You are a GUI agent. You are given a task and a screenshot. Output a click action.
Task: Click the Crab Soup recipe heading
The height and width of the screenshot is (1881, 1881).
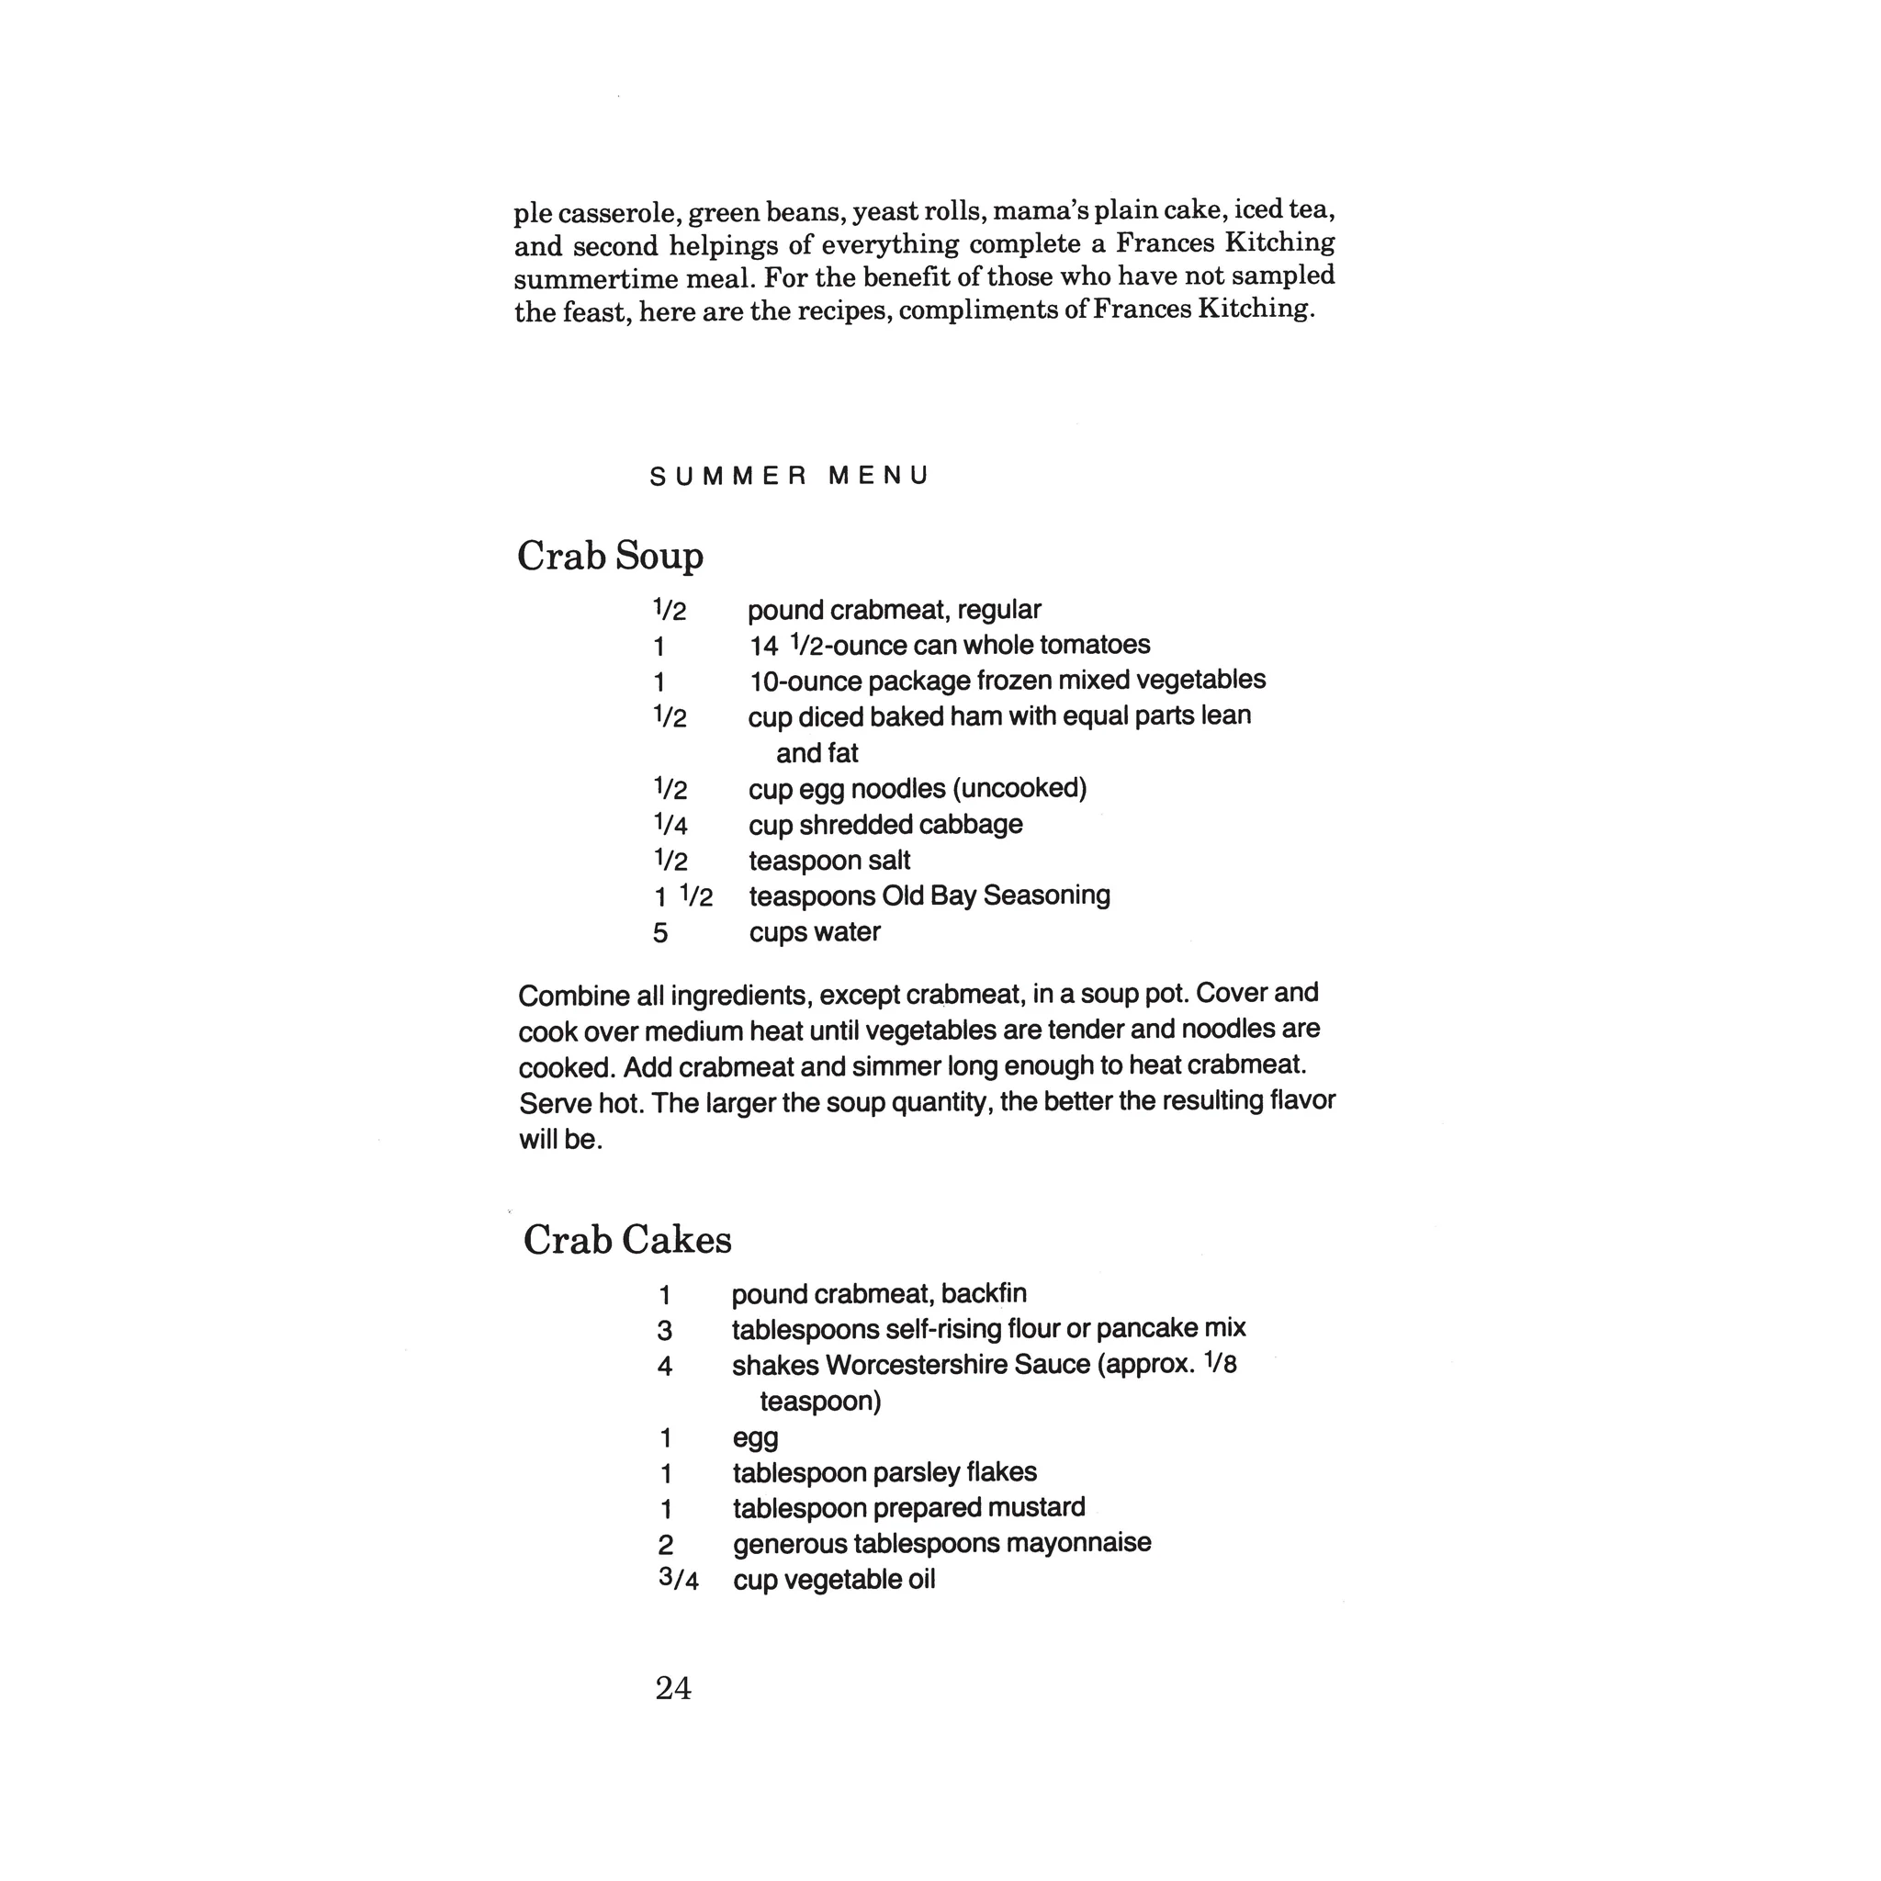610,556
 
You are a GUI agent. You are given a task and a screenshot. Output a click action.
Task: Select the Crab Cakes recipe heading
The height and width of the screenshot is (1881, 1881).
627,1239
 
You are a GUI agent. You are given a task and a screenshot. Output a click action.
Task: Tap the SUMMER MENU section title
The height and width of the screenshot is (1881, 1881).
789,476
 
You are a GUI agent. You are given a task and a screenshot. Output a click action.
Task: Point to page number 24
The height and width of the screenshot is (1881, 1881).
672,1688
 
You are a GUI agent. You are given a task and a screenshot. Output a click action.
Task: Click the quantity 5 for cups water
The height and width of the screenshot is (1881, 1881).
660,933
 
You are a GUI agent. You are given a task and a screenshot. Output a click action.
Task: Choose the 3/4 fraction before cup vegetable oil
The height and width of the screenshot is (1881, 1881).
679,1578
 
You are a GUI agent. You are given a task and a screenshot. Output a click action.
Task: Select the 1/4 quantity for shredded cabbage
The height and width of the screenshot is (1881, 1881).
670,825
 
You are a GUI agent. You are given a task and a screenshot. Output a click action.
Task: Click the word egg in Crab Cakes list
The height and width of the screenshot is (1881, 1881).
756,1438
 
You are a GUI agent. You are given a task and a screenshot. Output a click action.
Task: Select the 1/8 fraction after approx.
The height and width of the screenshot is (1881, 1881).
1220,1363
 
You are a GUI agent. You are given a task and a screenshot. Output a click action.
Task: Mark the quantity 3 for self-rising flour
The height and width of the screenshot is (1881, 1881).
664,1330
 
